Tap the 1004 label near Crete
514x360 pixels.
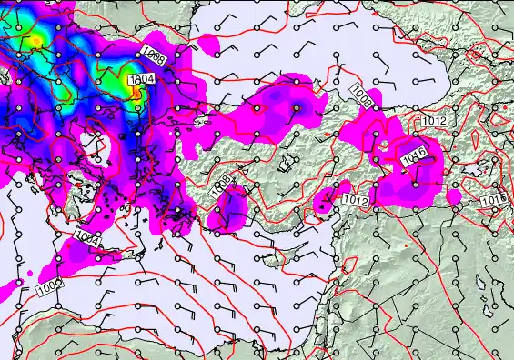click(86, 239)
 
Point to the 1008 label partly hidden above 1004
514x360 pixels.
click(153, 57)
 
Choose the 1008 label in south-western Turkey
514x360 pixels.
click(218, 187)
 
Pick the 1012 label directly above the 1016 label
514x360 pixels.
click(433, 120)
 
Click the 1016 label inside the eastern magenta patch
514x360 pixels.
click(414, 157)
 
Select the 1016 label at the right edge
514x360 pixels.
click(494, 199)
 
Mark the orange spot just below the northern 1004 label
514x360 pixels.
click(137, 91)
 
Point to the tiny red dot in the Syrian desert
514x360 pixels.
click(403, 245)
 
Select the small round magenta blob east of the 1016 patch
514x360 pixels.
click(454, 196)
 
